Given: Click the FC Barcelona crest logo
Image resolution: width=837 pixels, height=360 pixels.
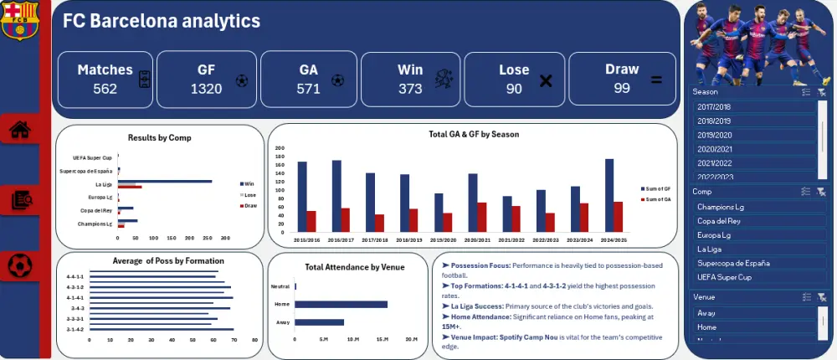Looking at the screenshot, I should coord(20,20).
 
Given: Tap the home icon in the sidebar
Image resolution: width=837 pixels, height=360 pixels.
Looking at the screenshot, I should coord(20,130).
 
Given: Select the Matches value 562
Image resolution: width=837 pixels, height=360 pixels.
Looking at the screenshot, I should coord(105,89).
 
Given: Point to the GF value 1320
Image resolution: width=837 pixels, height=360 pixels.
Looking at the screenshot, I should coord(206,89).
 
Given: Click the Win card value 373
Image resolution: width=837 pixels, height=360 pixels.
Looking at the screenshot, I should coord(410,89).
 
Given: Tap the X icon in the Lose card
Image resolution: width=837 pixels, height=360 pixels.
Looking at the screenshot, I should coord(546,81).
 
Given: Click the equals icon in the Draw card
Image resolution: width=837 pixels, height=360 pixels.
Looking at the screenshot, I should coord(656,80).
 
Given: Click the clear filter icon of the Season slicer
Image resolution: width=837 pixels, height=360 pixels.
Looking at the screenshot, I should coord(822,93).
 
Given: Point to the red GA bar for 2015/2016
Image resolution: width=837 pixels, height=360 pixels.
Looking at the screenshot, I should coord(311,221).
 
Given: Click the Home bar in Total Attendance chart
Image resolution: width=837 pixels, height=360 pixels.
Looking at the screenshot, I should coord(341,304).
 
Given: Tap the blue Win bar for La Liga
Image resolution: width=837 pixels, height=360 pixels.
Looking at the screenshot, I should coord(166,181).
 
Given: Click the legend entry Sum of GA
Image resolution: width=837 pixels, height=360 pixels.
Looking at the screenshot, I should coord(656,199).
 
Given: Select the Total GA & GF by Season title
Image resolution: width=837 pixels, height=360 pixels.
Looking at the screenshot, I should coord(472,134).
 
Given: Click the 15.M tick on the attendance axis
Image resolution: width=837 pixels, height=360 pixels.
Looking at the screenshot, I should coord(382,339).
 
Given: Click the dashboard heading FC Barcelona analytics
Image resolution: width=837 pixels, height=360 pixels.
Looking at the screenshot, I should coord(162,21).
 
